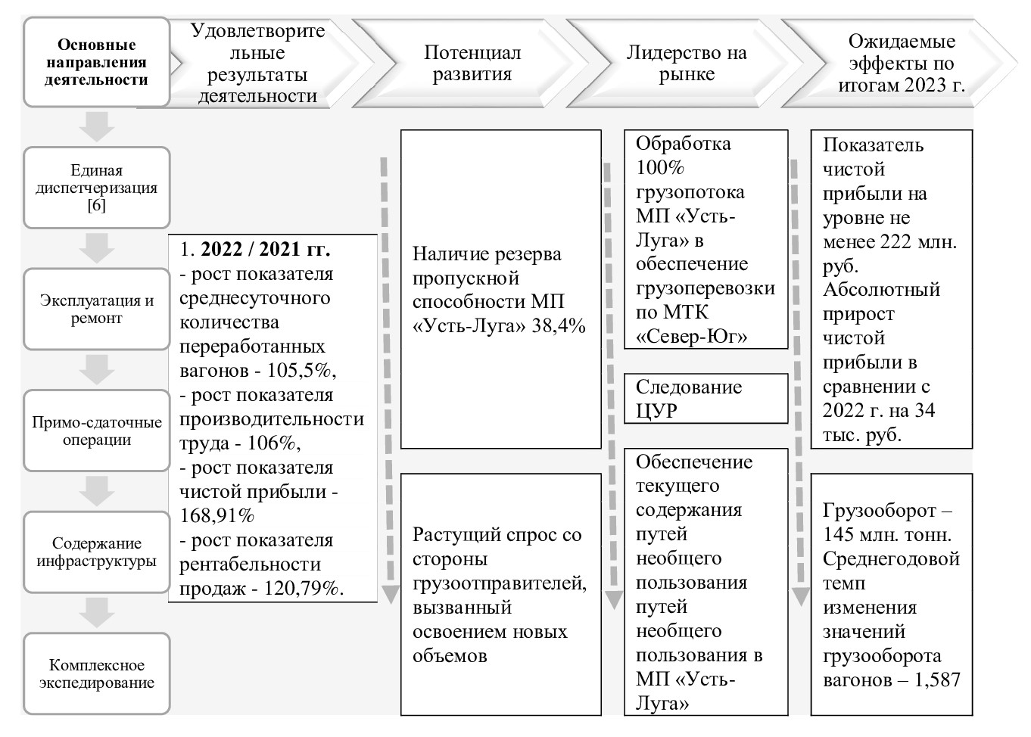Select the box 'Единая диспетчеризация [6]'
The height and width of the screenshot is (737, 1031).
click(x=96, y=188)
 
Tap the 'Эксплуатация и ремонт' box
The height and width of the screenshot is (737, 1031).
click(x=96, y=309)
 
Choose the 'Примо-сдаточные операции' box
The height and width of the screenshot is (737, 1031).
click(x=96, y=431)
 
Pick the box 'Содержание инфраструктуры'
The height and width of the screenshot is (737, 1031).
click(x=96, y=552)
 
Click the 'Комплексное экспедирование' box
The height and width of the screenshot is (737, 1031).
click(x=96, y=673)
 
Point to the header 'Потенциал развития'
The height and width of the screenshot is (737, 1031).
click(x=472, y=64)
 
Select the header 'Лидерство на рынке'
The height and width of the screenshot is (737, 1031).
click(x=686, y=64)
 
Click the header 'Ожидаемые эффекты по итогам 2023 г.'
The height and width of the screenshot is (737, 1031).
click(x=901, y=64)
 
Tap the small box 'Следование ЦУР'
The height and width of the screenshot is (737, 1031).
click(x=706, y=399)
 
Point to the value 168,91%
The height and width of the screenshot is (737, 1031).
click(x=216, y=516)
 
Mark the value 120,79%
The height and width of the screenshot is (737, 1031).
click(x=300, y=588)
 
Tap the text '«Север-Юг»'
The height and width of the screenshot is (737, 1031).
click(x=691, y=337)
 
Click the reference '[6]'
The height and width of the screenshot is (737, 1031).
click(x=96, y=205)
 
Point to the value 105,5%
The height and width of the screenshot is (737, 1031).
click(x=301, y=371)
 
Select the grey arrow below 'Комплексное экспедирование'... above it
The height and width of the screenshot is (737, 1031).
click(x=96, y=612)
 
